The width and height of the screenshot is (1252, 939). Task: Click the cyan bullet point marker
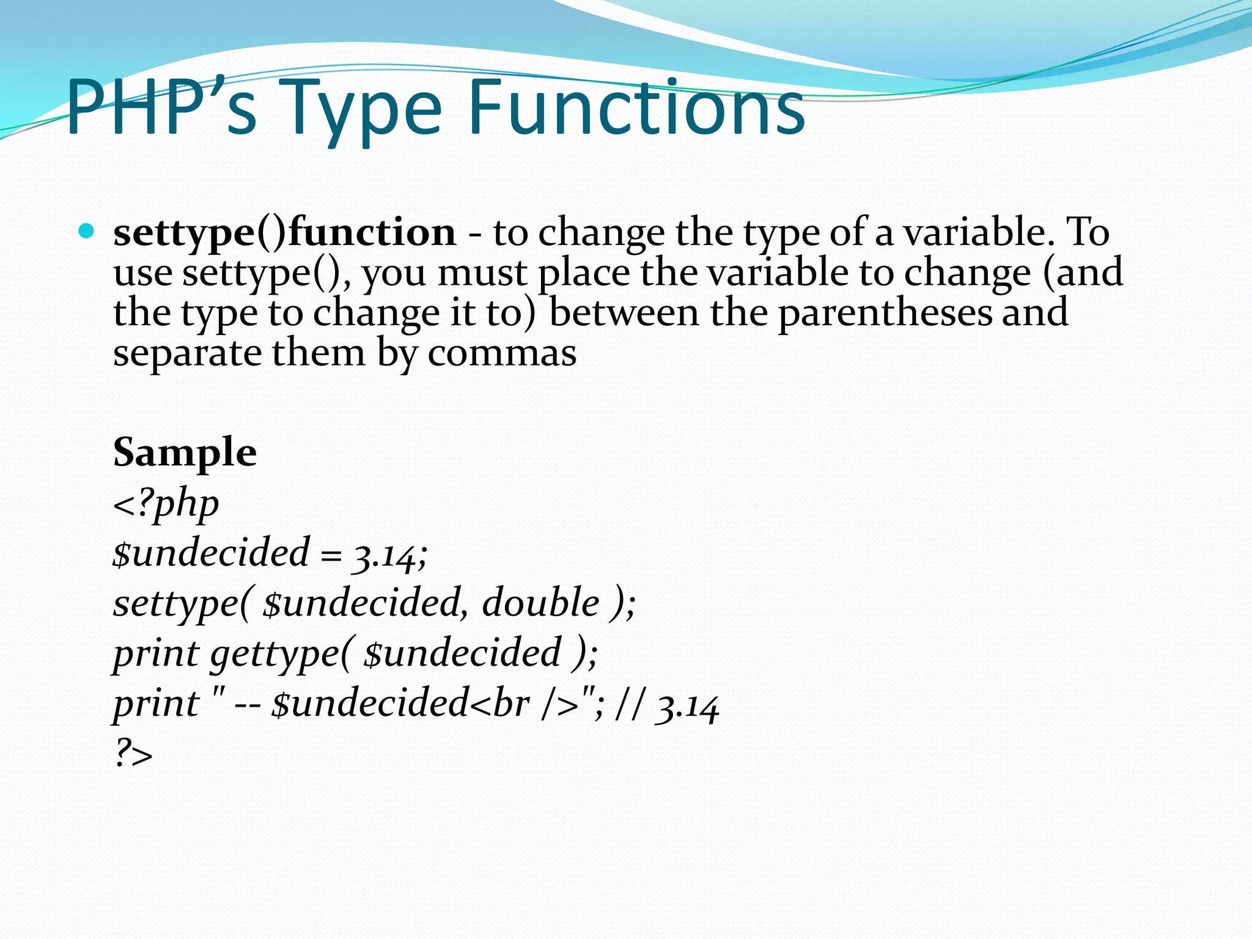[x=87, y=231]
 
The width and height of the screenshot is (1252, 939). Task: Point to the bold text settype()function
[x=284, y=233]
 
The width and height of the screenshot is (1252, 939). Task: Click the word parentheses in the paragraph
[x=885, y=314]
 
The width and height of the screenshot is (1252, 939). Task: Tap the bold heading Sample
[x=185, y=452]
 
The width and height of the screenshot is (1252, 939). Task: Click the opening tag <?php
[x=166, y=504]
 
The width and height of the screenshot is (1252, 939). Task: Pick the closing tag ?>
[x=133, y=754]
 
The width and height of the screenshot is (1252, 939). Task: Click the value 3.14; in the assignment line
[x=389, y=554]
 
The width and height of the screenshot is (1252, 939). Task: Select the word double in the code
[x=540, y=603]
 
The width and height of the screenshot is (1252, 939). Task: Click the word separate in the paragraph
[x=186, y=354]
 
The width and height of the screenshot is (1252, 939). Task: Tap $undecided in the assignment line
[x=211, y=553]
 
